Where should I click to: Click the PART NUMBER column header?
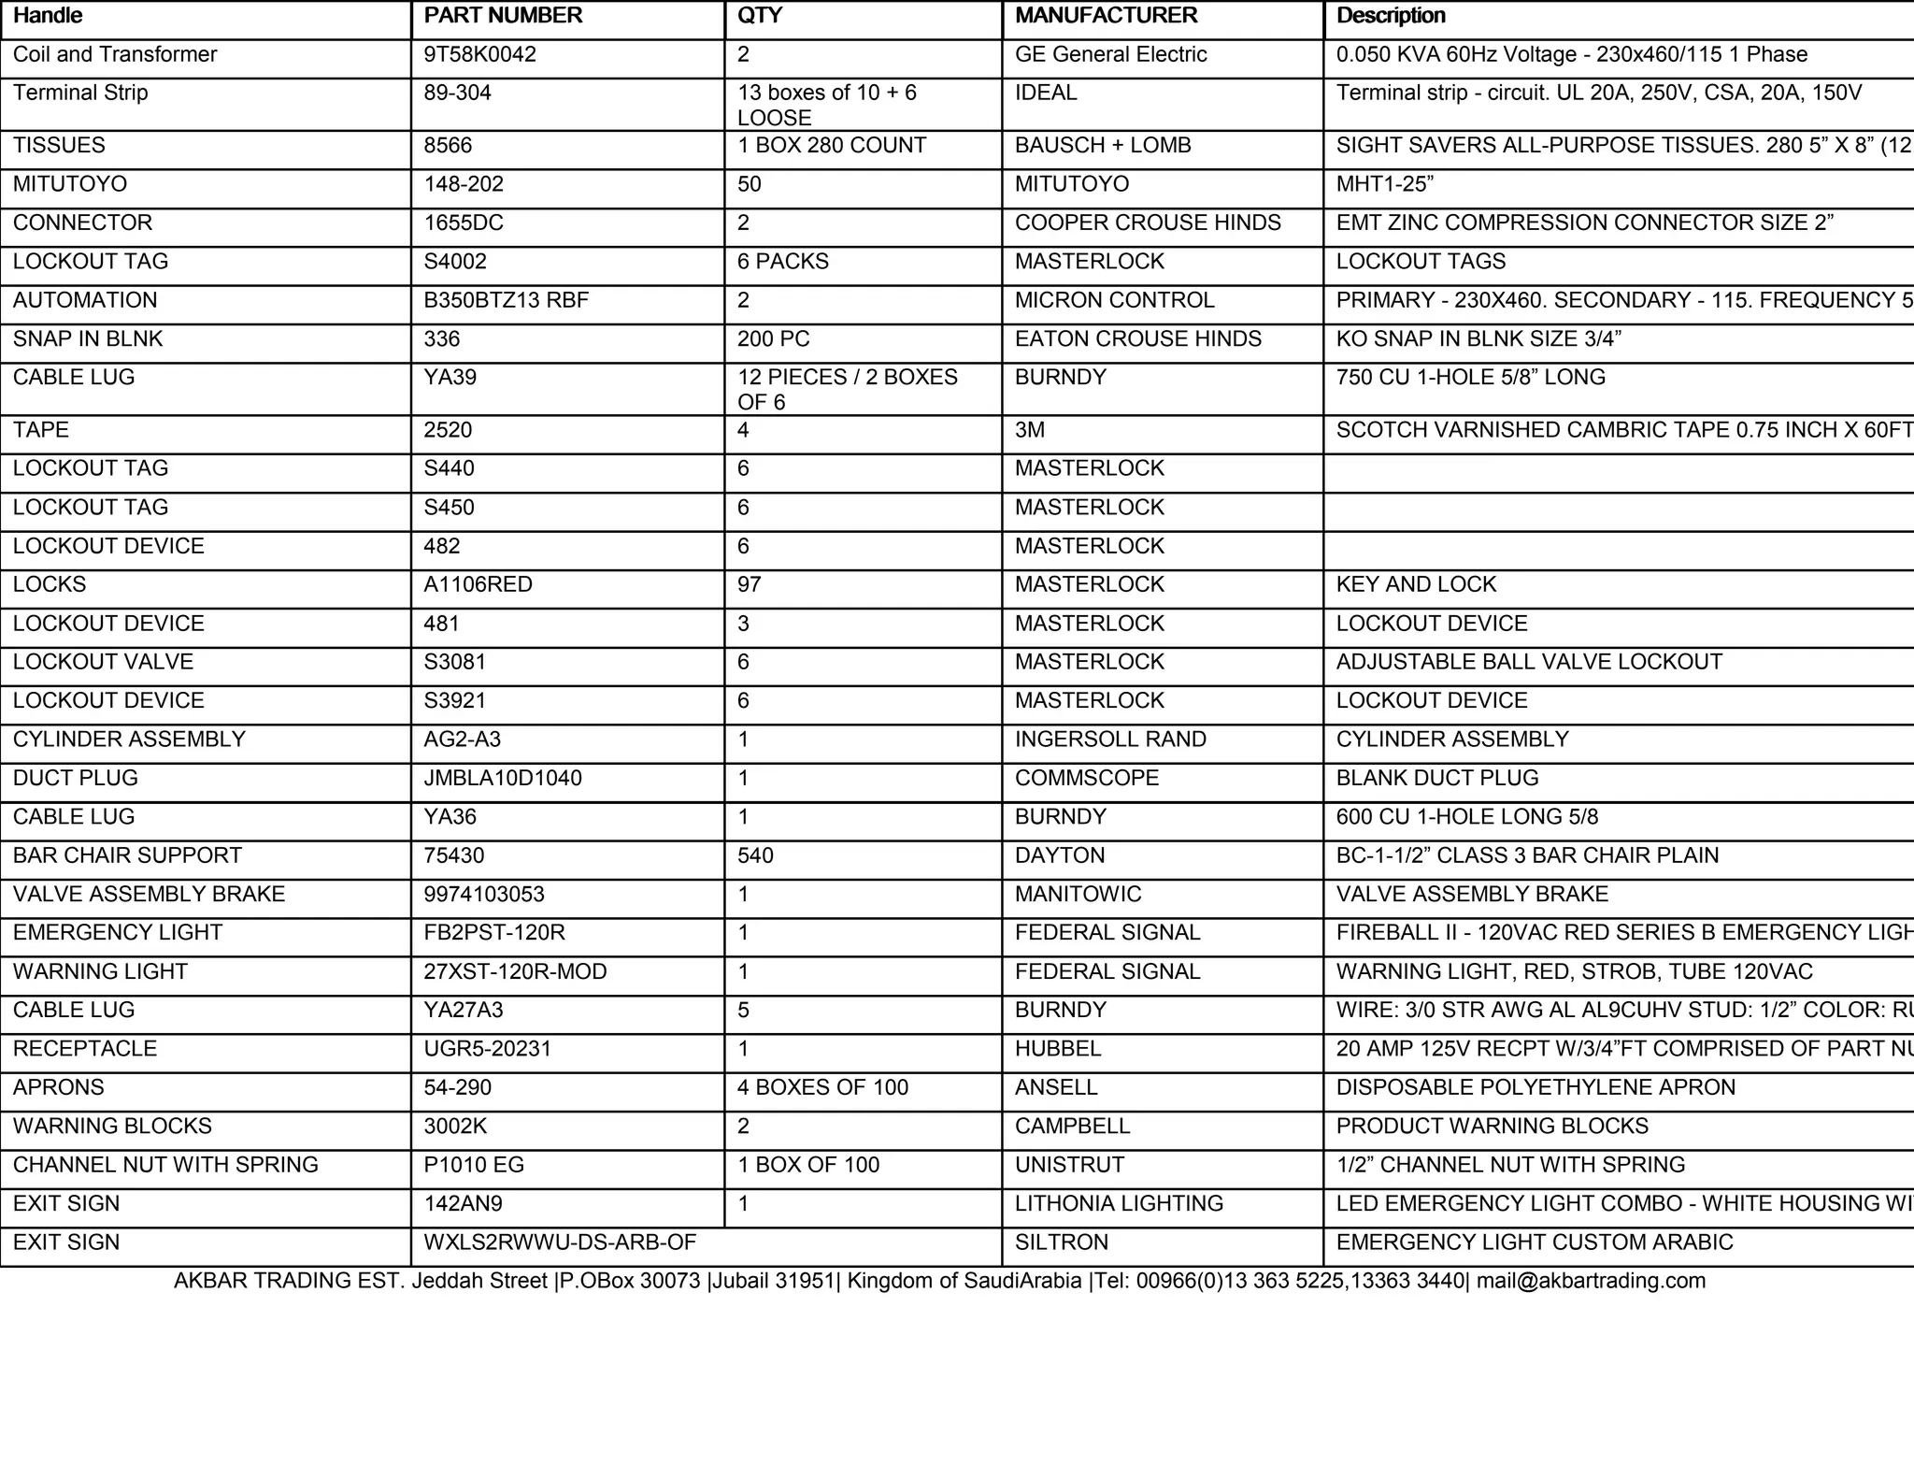pos(503,16)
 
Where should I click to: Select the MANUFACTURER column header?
pos(1106,16)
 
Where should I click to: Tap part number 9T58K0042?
pos(480,54)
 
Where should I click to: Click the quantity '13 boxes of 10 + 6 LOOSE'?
pos(826,105)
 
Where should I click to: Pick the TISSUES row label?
pos(59,146)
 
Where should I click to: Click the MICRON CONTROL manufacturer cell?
pos(1114,300)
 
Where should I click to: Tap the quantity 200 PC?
pos(773,338)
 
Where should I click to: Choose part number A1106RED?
pos(478,584)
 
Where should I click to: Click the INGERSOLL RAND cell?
pos(1110,739)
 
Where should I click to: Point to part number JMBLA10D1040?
pos(503,778)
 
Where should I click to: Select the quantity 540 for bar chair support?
pos(755,855)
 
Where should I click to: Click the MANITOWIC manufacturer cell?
pos(1078,895)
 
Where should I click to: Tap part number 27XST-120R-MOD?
pos(515,972)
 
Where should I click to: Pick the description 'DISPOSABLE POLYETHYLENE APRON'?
pos(1535,1087)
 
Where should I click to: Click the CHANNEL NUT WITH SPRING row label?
pos(165,1165)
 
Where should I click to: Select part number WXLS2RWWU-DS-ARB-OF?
pos(560,1242)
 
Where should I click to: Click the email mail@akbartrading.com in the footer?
pos(1591,1281)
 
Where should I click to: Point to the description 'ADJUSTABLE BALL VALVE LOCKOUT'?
pos(1529,662)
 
